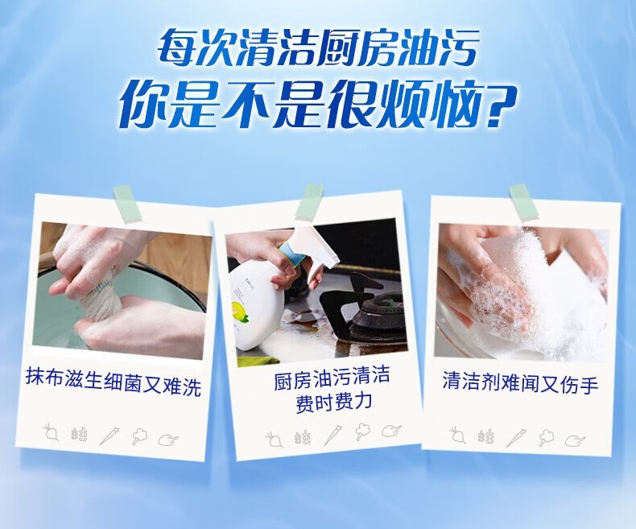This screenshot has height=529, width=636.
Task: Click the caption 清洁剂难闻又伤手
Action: [x=520, y=382]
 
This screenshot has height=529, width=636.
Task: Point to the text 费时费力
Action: [x=334, y=403]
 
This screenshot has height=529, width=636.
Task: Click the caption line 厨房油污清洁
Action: [x=332, y=379]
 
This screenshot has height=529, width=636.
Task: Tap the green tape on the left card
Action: [x=127, y=203]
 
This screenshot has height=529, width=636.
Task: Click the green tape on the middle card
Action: [x=309, y=201]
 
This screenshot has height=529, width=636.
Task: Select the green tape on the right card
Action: [x=523, y=202]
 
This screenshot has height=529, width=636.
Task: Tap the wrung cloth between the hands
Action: [x=97, y=301]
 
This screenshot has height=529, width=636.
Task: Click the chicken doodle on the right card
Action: [x=576, y=440]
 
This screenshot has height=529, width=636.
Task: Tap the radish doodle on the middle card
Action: [x=275, y=439]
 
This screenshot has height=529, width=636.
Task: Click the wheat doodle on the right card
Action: [x=486, y=436]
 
